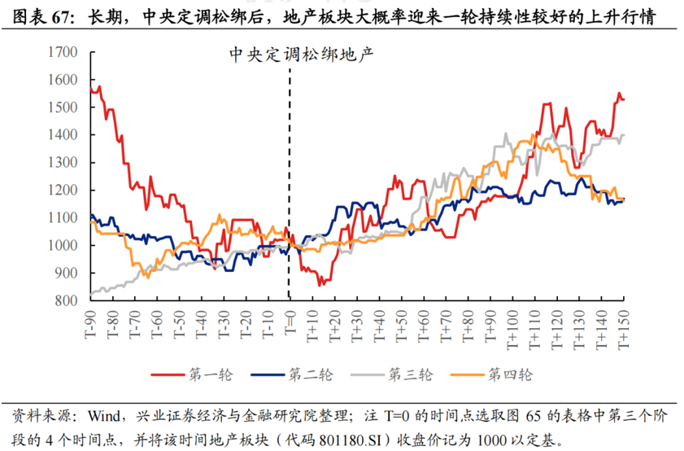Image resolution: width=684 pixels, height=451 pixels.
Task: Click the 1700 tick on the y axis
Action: point(63,53)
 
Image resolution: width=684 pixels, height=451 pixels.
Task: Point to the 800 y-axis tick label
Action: point(66,300)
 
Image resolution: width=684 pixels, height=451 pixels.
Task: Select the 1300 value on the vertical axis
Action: point(63,163)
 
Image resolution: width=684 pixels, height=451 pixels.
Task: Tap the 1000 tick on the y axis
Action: point(63,246)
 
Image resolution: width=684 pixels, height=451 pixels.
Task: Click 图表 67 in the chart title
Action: point(41,16)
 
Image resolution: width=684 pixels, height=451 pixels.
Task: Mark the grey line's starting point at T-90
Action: point(91,293)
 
